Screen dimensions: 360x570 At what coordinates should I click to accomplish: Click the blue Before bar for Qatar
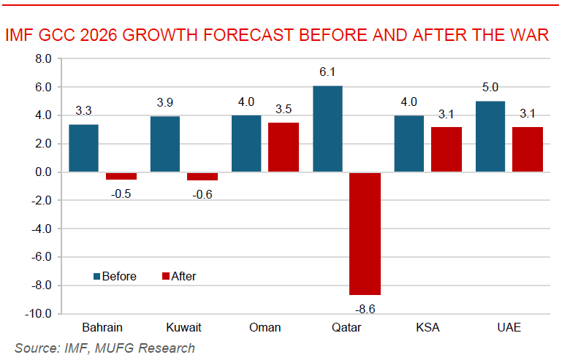pyautogui.click(x=327, y=129)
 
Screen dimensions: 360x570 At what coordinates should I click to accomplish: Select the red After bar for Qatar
pyautogui.click(x=365, y=233)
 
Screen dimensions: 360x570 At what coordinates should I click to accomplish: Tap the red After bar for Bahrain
pyautogui.click(x=121, y=176)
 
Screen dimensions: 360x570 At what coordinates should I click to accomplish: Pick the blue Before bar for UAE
pyautogui.click(x=490, y=137)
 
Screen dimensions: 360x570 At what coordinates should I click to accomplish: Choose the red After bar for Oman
pyautogui.click(x=284, y=148)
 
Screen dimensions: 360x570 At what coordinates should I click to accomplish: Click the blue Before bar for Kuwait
pyautogui.click(x=165, y=144)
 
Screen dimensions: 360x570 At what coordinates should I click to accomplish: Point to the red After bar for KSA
pyautogui.click(x=446, y=150)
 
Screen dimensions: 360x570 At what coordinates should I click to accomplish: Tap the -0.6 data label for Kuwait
pyautogui.click(x=202, y=194)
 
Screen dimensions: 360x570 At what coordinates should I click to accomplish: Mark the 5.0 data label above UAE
pyautogui.click(x=491, y=88)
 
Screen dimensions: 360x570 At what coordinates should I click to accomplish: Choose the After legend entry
pyautogui.click(x=178, y=276)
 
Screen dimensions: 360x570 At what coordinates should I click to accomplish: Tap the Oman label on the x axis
pyautogui.click(x=265, y=327)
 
